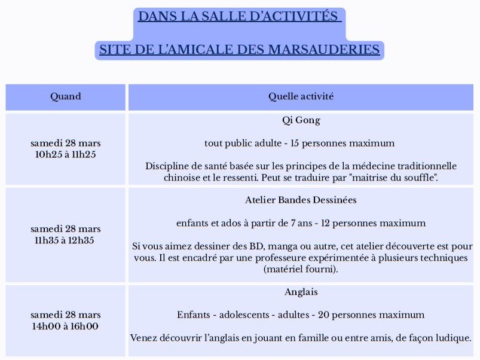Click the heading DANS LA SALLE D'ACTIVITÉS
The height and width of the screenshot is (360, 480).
pyautogui.click(x=239, y=16)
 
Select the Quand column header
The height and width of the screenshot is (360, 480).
pyautogui.click(x=66, y=96)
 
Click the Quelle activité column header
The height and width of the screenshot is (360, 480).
pyautogui.click(x=301, y=96)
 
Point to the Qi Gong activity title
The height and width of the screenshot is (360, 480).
pyautogui.click(x=301, y=120)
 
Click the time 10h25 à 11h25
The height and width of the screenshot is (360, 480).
pyautogui.click(x=66, y=154)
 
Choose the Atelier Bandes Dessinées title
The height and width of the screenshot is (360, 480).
pyautogui.click(x=301, y=200)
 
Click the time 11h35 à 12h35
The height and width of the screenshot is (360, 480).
pyautogui.click(x=66, y=240)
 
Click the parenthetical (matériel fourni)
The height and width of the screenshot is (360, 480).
pyautogui.click(x=301, y=270)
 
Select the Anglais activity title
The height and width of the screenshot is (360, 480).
pyautogui.click(x=301, y=292)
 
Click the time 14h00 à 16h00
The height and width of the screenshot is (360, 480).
pyautogui.click(x=66, y=327)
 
